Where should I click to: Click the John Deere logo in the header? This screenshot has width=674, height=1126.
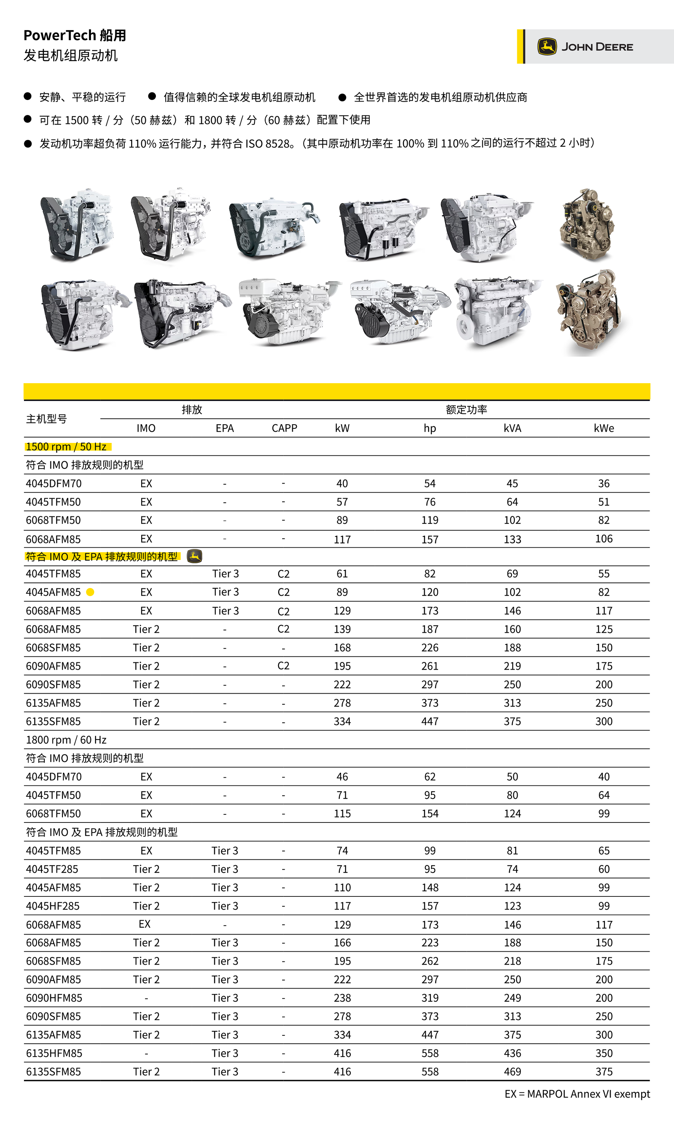tap(585, 47)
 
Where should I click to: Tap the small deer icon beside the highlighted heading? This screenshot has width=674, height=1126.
tap(194, 556)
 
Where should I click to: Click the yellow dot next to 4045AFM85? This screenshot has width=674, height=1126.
tap(91, 592)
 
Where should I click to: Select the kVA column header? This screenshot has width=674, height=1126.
tap(512, 428)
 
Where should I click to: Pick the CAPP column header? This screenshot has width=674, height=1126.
tap(284, 428)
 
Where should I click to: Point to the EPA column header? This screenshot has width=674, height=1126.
tap(225, 428)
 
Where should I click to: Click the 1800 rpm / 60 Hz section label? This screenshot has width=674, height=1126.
tap(66, 740)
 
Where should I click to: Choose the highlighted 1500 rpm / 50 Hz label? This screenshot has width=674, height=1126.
tap(66, 447)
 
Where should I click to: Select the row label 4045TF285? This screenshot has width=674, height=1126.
tap(52, 869)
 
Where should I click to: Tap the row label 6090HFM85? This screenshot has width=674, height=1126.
tap(54, 998)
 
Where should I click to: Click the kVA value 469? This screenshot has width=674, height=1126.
tap(512, 1072)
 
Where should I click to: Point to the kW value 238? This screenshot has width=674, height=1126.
tap(342, 998)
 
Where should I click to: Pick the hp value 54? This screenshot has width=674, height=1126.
tap(430, 484)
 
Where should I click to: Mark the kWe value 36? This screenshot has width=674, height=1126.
tap(604, 484)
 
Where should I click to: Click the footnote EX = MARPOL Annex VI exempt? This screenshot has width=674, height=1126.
tap(577, 1094)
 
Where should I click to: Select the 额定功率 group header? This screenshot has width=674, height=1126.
tap(466, 410)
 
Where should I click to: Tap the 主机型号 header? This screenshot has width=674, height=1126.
tap(46, 419)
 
